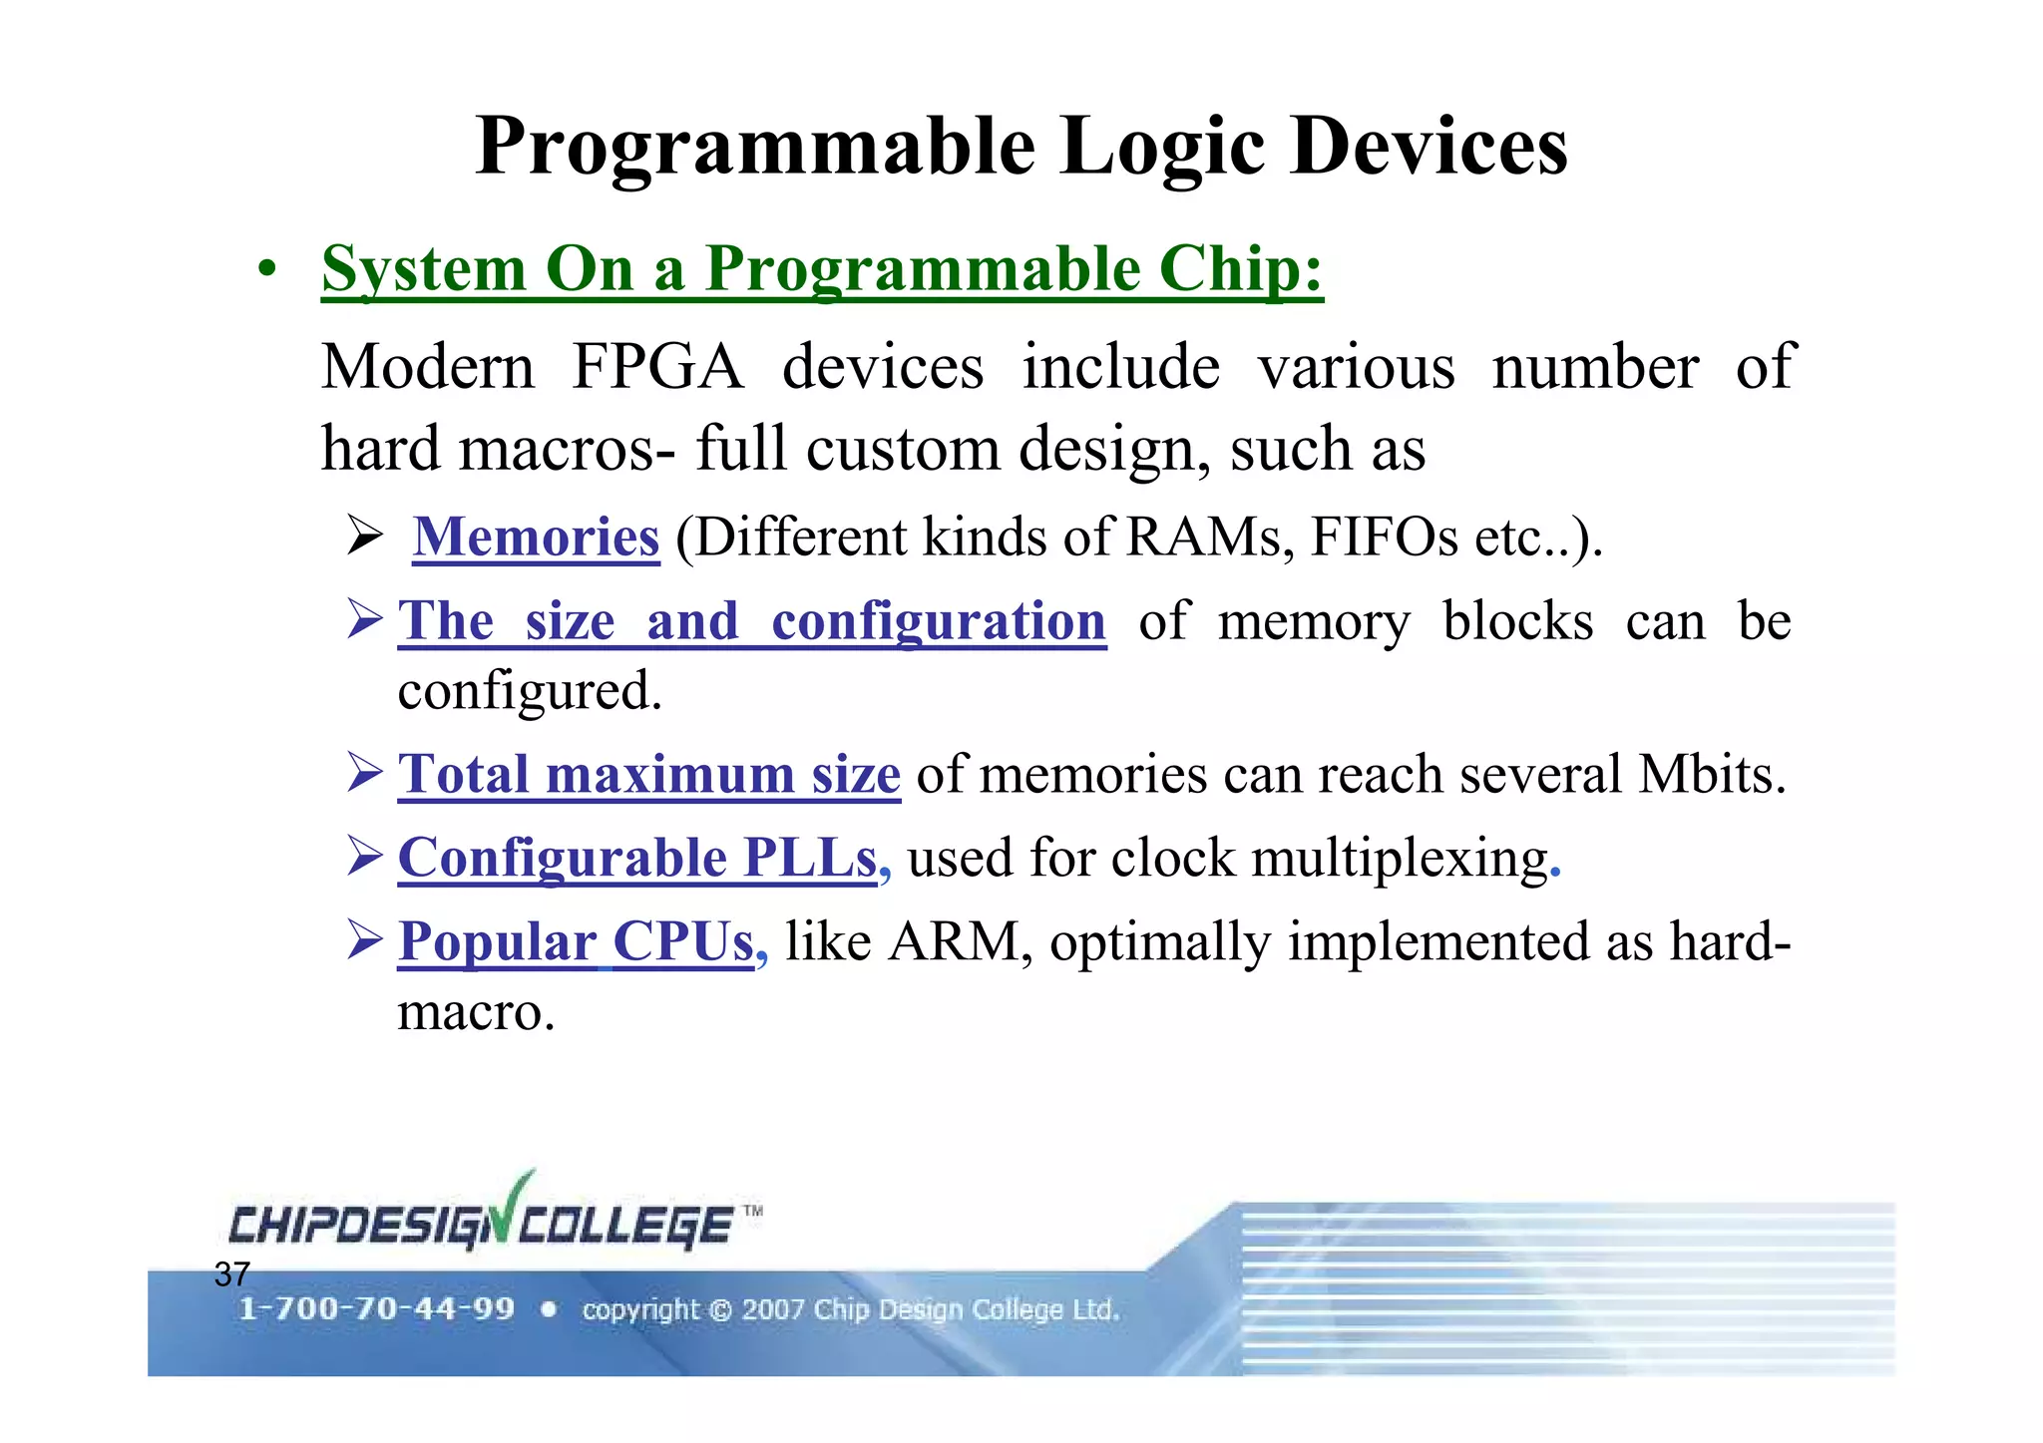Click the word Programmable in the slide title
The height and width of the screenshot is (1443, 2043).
[756, 148]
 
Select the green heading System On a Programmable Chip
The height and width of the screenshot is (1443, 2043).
[821, 269]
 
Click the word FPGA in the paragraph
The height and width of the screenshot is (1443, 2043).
[657, 367]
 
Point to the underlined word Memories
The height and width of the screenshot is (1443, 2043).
[536, 538]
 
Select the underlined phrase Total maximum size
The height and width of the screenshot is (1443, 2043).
[649, 774]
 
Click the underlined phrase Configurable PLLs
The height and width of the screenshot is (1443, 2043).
[637, 858]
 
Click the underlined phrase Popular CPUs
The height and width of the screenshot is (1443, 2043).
[576, 941]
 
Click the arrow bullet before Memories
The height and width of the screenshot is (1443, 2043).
[365, 537]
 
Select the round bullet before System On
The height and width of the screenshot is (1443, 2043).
[265, 269]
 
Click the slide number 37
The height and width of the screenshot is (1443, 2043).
[231, 1274]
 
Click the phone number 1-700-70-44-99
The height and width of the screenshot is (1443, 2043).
[376, 1309]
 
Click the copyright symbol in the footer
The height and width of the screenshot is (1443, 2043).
[720, 1310]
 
